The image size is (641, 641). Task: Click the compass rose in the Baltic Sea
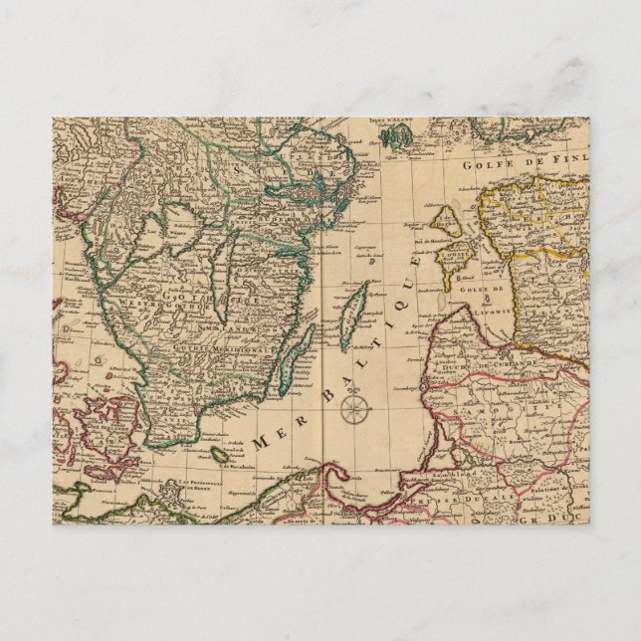coord(352,408)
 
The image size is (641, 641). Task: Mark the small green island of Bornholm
coord(220,454)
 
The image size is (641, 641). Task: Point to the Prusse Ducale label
coord(517,479)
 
